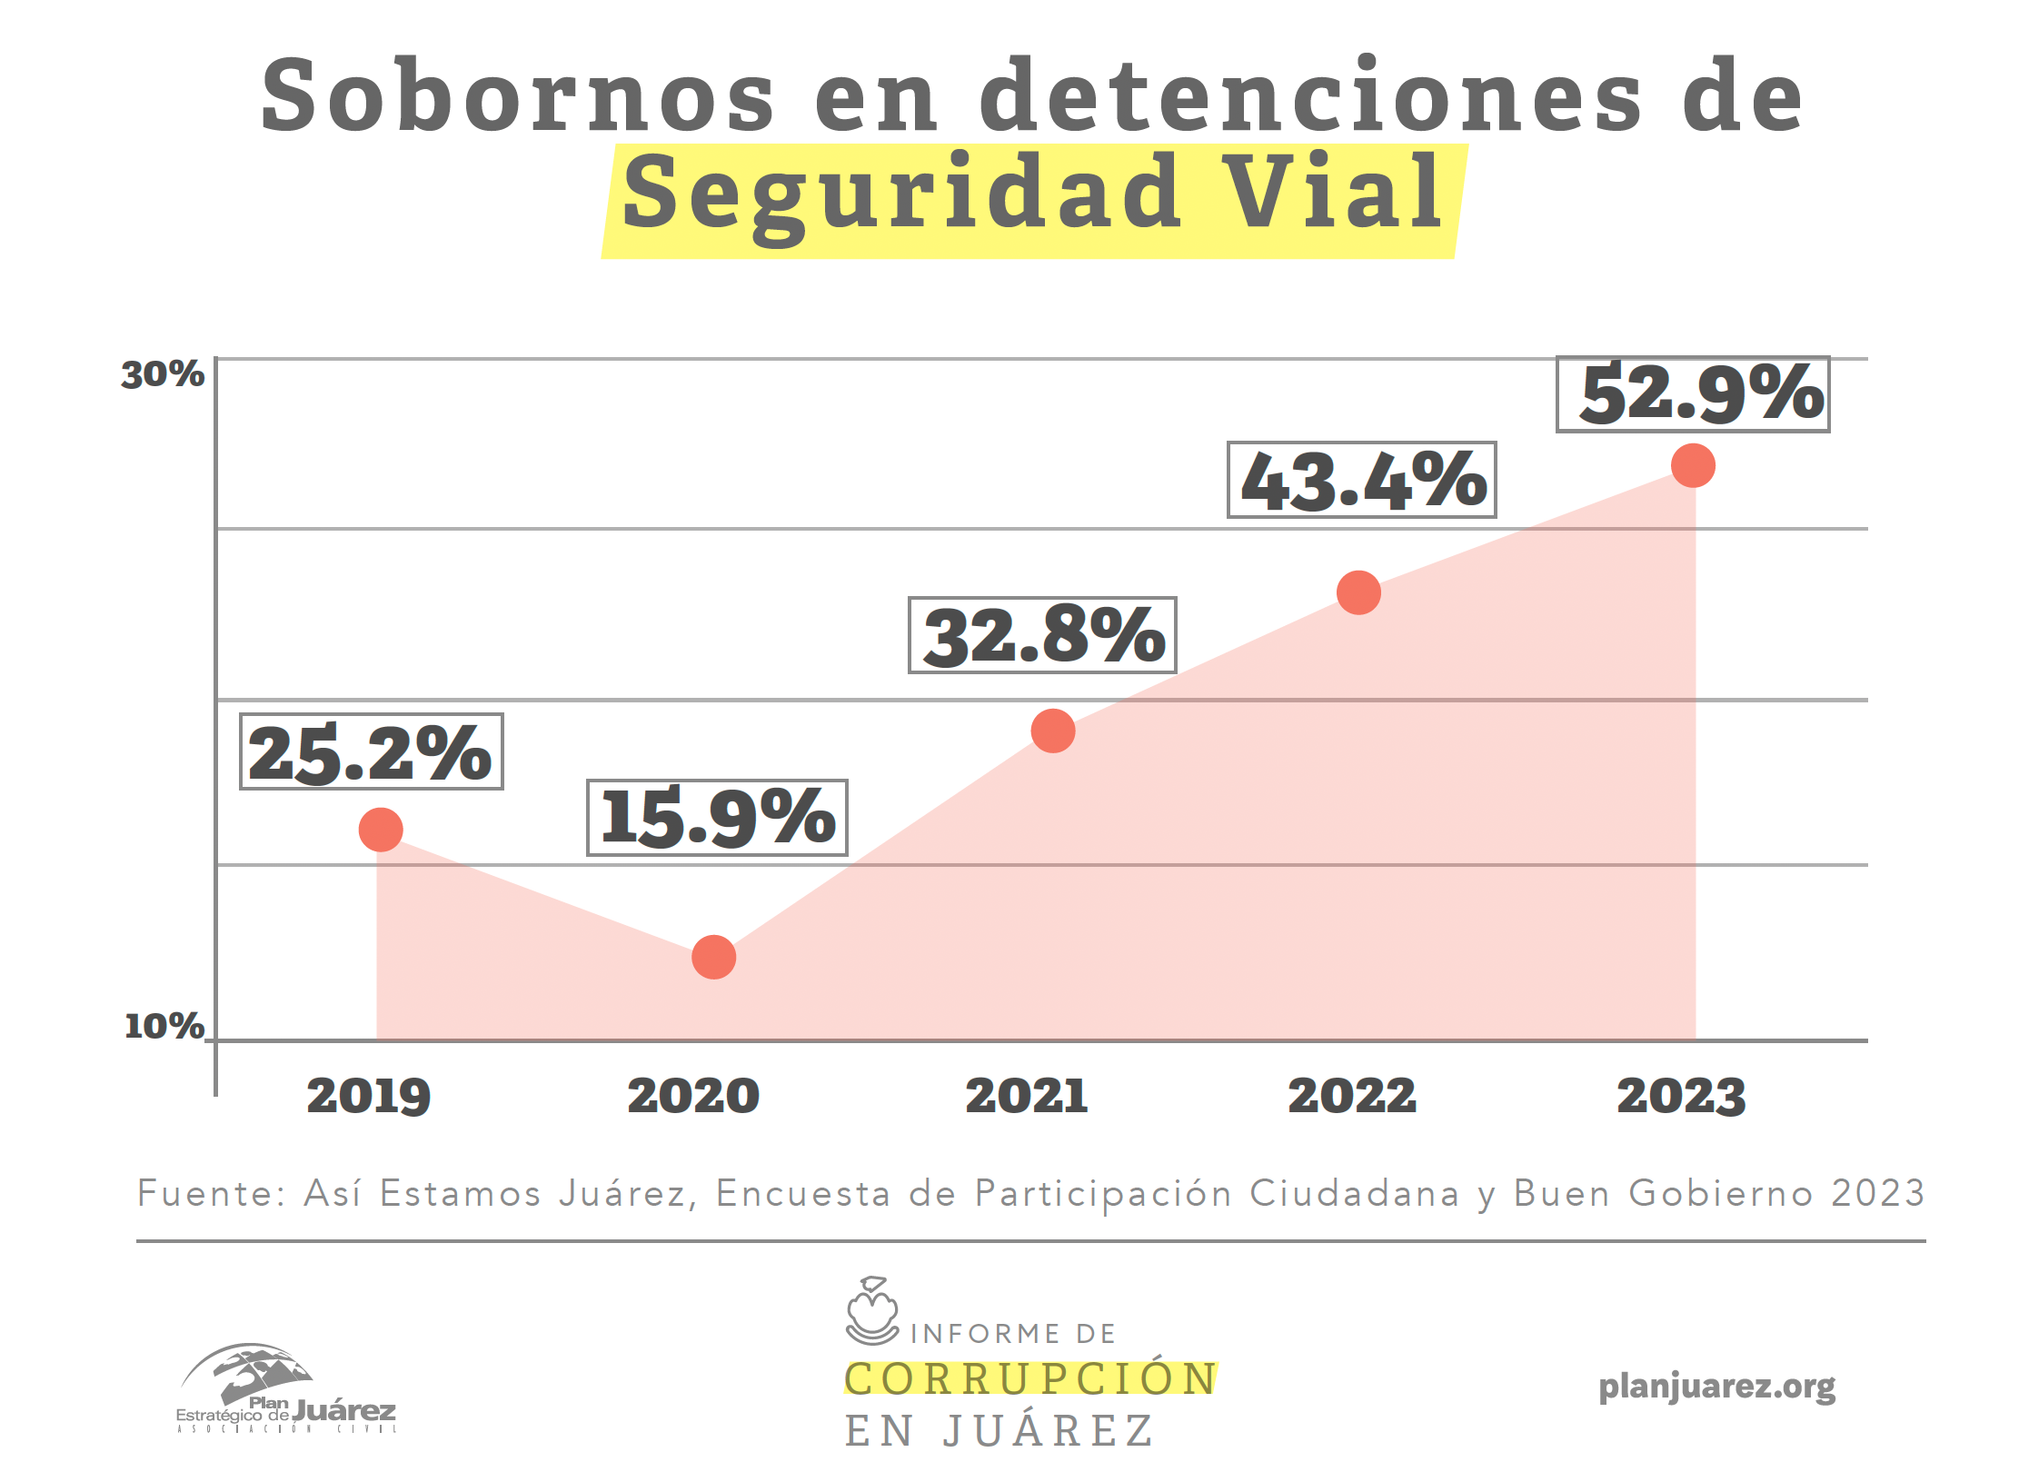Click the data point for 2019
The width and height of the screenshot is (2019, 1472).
click(x=381, y=830)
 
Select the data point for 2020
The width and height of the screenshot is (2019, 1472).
click(x=713, y=957)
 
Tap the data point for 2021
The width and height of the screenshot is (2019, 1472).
click(x=1053, y=731)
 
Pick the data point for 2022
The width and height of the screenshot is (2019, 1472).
click(x=1358, y=593)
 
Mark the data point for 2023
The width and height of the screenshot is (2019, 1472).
click(x=1693, y=466)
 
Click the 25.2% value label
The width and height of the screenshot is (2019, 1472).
click(x=371, y=751)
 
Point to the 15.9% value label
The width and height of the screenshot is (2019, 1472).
click(x=717, y=818)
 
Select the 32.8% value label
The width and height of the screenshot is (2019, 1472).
click(x=1042, y=635)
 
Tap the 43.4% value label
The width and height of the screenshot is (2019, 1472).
click(x=1361, y=480)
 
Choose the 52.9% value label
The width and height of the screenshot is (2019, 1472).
click(x=1693, y=394)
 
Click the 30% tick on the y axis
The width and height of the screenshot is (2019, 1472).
click(x=163, y=374)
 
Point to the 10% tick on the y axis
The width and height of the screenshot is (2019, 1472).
click(x=164, y=1026)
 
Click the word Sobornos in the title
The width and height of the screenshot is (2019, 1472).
click(x=518, y=96)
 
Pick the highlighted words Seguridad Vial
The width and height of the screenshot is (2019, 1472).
click(x=1033, y=194)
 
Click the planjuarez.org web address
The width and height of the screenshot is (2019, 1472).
click(x=1716, y=1387)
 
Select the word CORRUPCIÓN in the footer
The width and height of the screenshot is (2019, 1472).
click(x=1030, y=1378)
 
